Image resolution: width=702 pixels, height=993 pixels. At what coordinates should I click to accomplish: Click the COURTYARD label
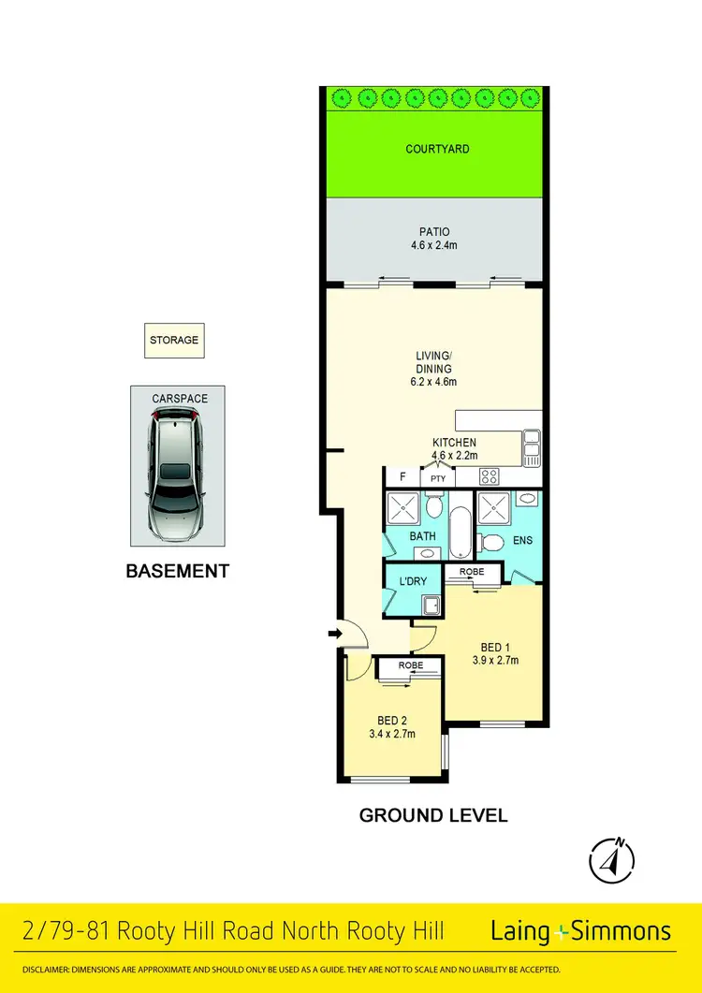pyautogui.click(x=437, y=149)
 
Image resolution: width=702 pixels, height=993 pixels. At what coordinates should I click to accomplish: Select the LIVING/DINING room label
pyautogui.click(x=434, y=368)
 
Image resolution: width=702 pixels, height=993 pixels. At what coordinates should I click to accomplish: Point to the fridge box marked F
pyautogui.click(x=402, y=477)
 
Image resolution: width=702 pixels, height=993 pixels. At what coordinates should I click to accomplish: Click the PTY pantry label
pyautogui.click(x=437, y=478)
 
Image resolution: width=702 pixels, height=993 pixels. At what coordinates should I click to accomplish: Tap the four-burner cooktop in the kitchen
pyautogui.click(x=490, y=476)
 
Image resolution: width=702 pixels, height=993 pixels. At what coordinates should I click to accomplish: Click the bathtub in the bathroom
pyautogui.click(x=462, y=533)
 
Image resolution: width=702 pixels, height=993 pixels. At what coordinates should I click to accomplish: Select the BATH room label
pyautogui.click(x=422, y=536)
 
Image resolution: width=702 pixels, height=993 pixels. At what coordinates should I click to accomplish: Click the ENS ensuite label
pyautogui.click(x=523, y=541)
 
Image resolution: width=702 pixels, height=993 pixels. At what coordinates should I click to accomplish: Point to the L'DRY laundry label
pyautogui.click(x=413, y=581)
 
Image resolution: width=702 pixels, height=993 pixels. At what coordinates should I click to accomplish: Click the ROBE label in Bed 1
pyautogui.click(x=472, y=570)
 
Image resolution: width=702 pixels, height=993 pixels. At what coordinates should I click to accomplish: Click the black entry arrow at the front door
pyautogui.click(x=333, y=635)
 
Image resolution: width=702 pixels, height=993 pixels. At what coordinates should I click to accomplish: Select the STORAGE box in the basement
pyautogui.click(x=174, y=341)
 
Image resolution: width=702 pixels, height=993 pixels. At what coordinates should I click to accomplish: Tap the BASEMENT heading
pyautogui.click(x=177, y=571)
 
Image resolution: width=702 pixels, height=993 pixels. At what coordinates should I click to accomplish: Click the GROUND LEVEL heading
pyautogui.click(x=433, y=815)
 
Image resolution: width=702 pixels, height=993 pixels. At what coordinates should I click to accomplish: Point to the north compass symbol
pyautogui.click(x=612, y=857)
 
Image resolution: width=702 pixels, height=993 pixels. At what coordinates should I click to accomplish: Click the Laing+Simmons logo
pyautogui.click(x=580, y=931)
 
